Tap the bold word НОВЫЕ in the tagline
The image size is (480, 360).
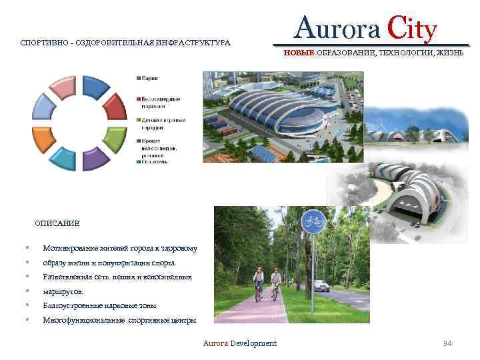[298, 52]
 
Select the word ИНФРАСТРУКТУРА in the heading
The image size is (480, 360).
[193, 43]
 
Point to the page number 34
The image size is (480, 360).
[447, 343]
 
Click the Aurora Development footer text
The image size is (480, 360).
[240, 343]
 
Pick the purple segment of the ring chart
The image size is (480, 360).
[95, 158]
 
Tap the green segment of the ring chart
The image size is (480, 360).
[115, 137]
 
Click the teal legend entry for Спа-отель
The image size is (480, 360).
[158, 161]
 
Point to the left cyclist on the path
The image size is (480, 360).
[259, 284]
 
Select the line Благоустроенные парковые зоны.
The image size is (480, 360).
[100, 305]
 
